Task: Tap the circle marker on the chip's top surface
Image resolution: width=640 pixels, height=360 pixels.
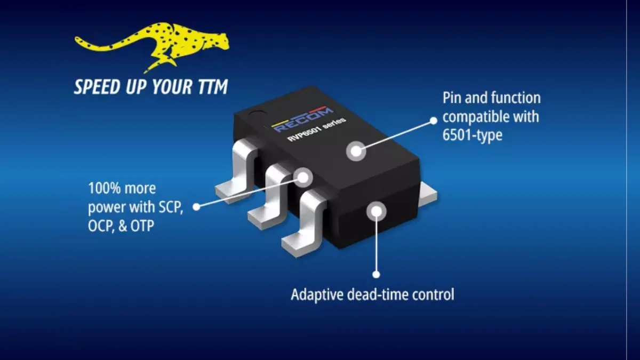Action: click(356, 151)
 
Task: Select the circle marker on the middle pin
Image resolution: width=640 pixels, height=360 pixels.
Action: click(303, 177)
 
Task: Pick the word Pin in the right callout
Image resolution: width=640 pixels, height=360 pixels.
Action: click(453, 99)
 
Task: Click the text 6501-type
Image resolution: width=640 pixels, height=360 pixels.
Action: click(473, 135)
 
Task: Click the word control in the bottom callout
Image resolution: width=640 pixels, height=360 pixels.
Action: click(433, 294)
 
